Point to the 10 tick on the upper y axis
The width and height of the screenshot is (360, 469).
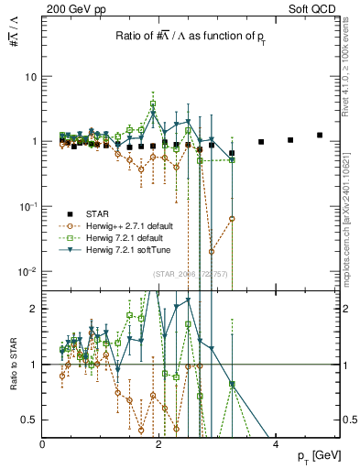click(x=32, y=77)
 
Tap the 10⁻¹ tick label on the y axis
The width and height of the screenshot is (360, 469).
click(x=29, y=207)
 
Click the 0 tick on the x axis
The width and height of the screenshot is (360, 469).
click(x=43, y=443)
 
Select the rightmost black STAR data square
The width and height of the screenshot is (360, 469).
click(x=320, y=136)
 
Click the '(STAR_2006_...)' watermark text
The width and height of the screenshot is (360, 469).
click(x=191, y=274)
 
